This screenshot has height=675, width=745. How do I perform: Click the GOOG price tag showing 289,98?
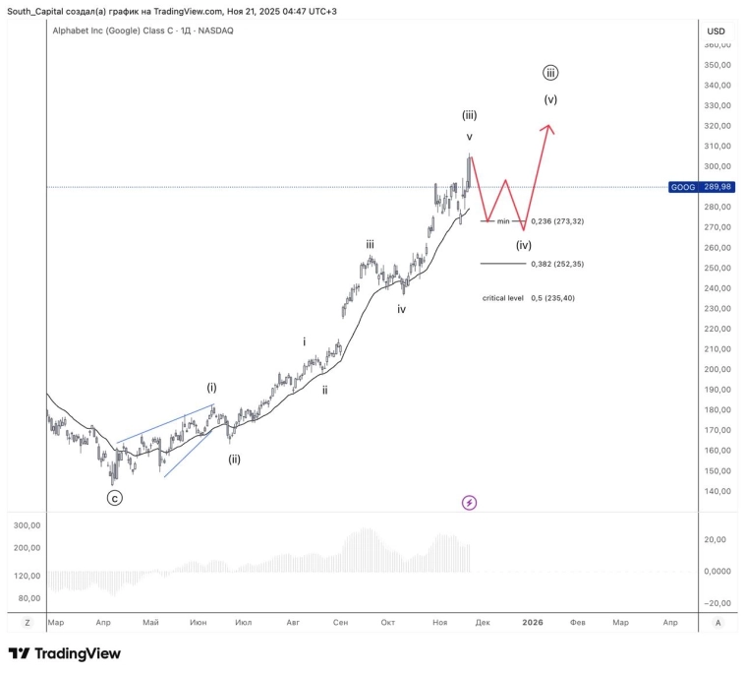click(x=701, y=187)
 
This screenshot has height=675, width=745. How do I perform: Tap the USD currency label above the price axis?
click(x=716, y=31)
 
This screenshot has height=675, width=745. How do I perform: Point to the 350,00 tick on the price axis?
click(x=717, y=65)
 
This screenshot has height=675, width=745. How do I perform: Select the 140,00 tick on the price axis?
click(x=717, y=491)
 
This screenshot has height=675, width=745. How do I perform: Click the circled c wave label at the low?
click(x=115, y=498)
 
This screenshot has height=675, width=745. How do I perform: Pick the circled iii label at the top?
click(x=550, y=73)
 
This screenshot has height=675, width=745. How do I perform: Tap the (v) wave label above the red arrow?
click(x=550, y=99)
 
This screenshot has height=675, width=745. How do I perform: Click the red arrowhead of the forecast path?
click(x=549, y=129)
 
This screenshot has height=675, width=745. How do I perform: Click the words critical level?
click(x=502, y=297)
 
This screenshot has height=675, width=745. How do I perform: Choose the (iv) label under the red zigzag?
click(x=524, y=245)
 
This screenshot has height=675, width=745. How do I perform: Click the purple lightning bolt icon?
click(x=469, y=503)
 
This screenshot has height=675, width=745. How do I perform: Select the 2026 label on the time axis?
click(x=533, y=622)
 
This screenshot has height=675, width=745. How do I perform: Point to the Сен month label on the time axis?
click(x=341, y=622)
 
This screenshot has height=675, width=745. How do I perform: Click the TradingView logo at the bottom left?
click(x=65, y=653)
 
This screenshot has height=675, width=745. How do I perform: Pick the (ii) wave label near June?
click(x=234, y=459)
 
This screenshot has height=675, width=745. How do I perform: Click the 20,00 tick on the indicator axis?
click(x=717, y=539)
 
